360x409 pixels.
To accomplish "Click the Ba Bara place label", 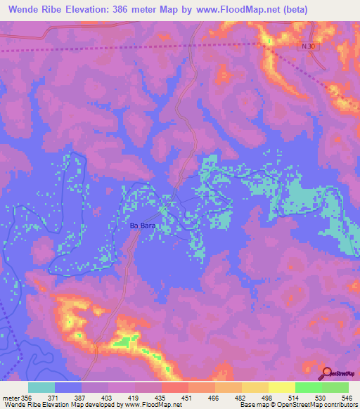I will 142,226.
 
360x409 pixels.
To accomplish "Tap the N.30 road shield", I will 304,46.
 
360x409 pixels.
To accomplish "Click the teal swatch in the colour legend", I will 41,387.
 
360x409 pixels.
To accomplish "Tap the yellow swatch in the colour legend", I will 282,387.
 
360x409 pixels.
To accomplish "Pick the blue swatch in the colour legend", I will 68,387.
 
